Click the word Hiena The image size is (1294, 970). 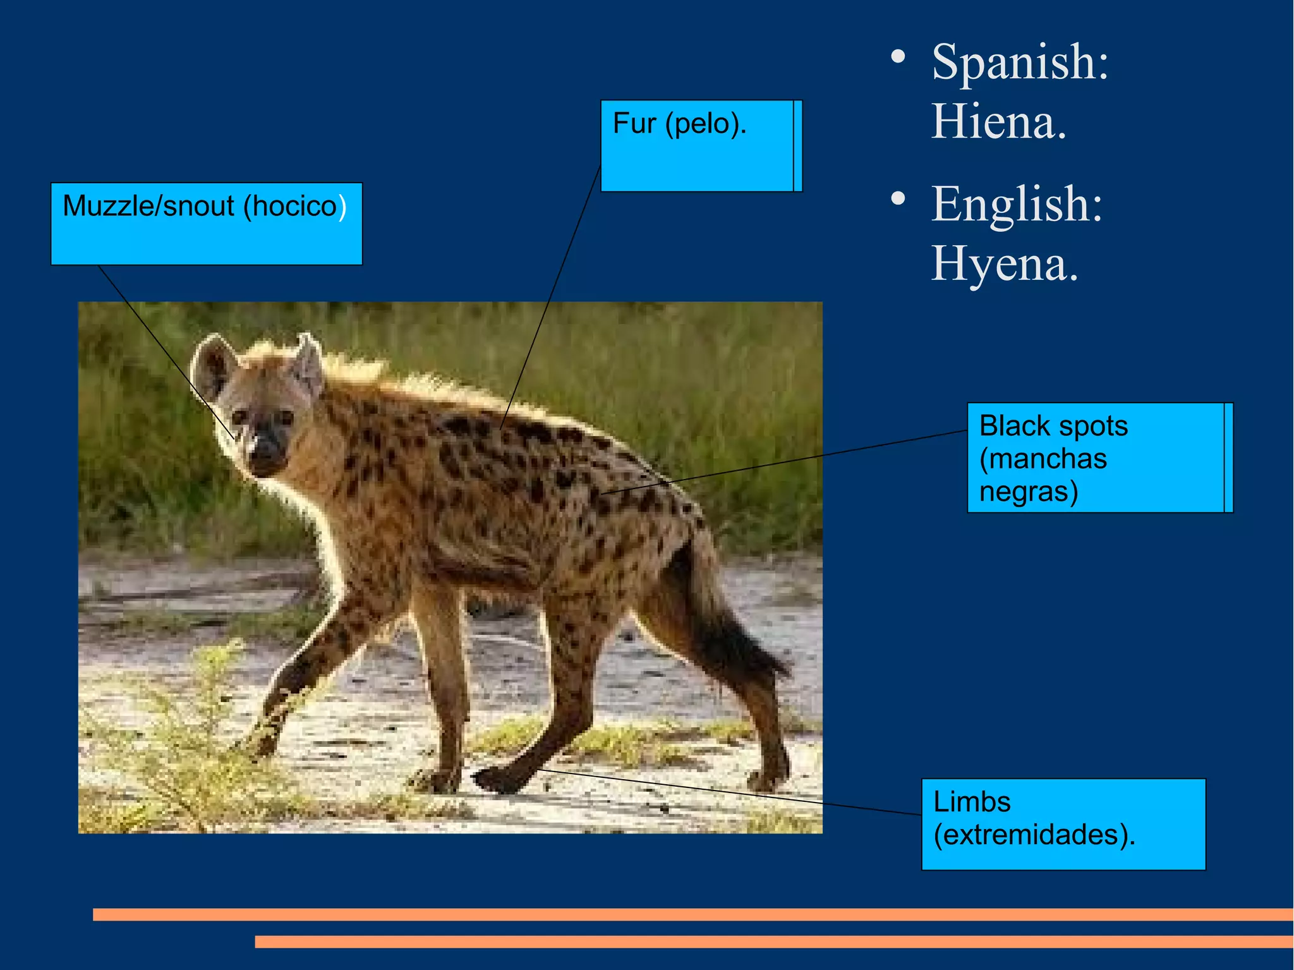click(998, 121)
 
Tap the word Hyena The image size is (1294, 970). click(1005, 264)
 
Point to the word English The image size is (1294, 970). click(1016, 205)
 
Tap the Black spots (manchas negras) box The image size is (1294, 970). click(1099, 458)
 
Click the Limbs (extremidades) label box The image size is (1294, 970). click(1063, 823)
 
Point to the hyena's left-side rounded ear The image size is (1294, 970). click(214, 367)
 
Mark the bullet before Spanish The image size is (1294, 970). click(898, 58)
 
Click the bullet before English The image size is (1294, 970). click(898, 200)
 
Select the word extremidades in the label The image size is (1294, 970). click(1034, 835)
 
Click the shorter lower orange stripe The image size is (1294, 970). click(773, 942)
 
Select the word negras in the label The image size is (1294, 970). click(1028, 491)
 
